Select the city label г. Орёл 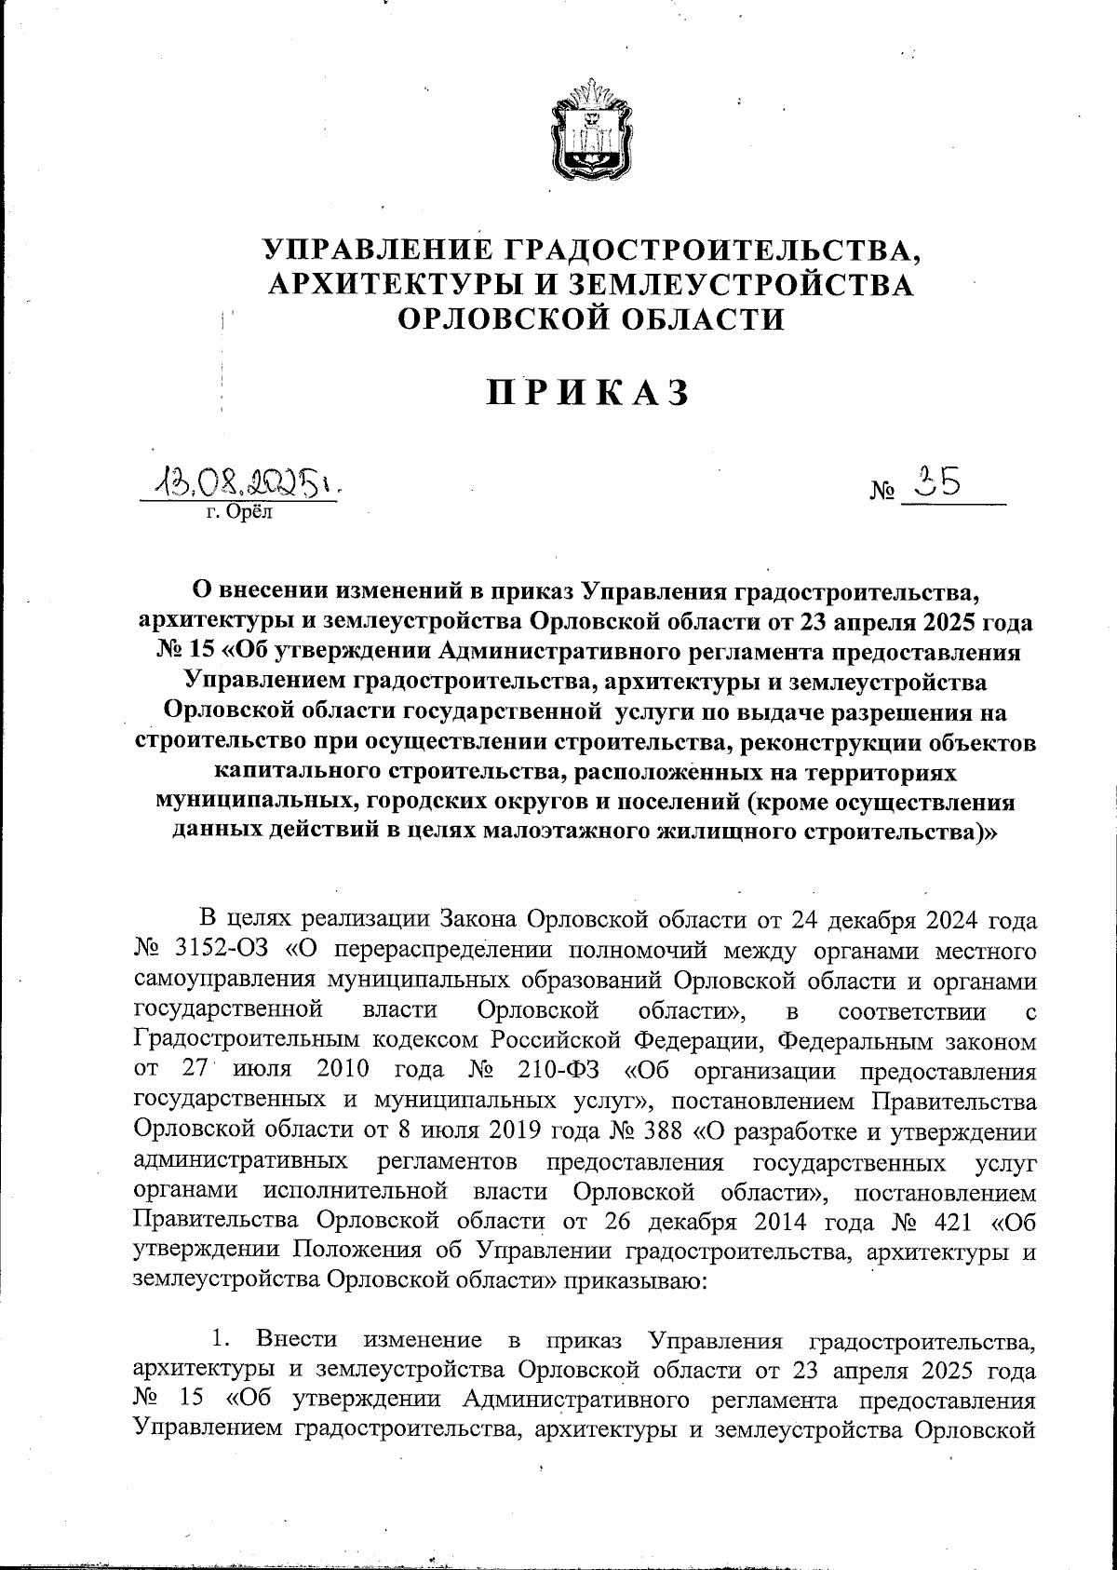(236, 511)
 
